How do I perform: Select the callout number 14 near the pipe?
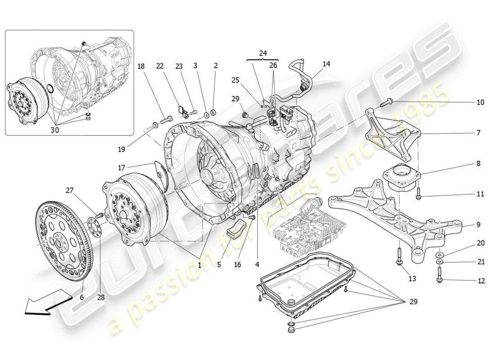click(326, 64)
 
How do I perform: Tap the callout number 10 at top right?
click(480, 103)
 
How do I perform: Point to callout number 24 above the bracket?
click(263, 53)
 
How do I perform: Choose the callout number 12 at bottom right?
click(481, 281)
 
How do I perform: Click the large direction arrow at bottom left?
click(47, 301)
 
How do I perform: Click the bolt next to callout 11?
click(418, 194)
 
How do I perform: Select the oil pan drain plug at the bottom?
click(291, 333)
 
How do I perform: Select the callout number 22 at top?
click(159, 66)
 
